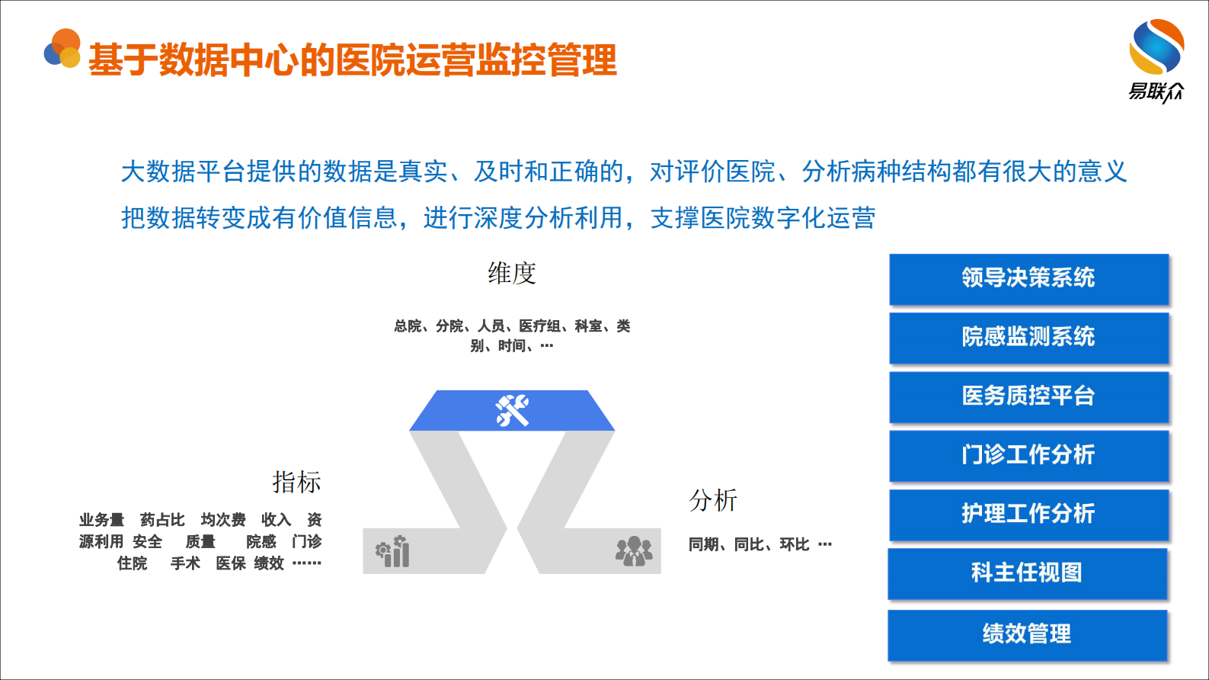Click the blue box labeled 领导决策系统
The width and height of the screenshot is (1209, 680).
(1028, 278)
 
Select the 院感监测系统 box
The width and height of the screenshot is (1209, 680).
(1028, 337)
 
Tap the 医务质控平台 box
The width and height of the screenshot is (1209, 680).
(1028, 396)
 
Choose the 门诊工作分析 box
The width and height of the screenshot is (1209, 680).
(1028, 455)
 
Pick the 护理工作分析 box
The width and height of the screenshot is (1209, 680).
(1028, 514)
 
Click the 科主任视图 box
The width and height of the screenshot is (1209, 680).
(1027, 573)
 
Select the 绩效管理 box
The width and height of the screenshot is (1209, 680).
(1027, 633)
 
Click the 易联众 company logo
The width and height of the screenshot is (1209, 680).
(1156, 60)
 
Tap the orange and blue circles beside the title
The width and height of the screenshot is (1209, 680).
(62, 50)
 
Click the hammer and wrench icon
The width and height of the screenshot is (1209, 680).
(512, 411)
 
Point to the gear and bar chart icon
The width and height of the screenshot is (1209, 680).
(393, 551)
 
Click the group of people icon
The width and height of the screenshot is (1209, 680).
(633, 551)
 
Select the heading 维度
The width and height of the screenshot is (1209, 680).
(512, 273)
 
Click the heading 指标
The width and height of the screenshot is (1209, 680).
(296, 482)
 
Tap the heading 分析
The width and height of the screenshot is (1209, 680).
(713, 500)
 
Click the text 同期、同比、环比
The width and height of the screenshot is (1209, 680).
(749, 544)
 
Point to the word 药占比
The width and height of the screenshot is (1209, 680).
(162, 520)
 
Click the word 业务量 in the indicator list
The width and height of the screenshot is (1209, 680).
(101, 520)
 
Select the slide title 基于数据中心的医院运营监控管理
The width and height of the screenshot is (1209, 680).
(352, 60)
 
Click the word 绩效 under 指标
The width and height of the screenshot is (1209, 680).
(269, 563)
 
